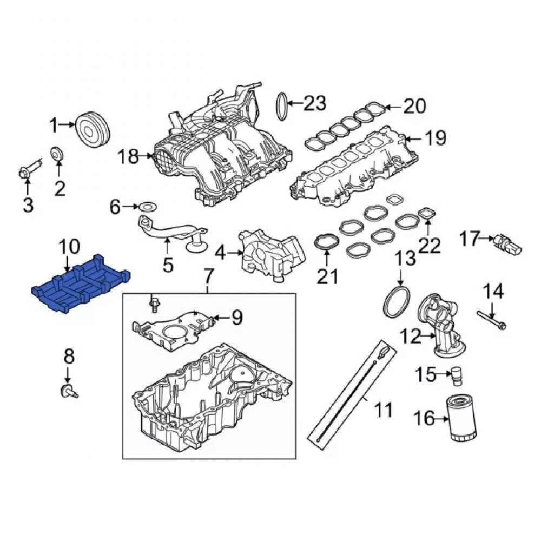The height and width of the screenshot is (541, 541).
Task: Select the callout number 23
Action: click(x=315, y=103)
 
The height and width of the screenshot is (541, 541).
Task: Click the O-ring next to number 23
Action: click(x=282, y=106)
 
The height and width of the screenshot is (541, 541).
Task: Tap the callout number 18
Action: click(x=129, y=156)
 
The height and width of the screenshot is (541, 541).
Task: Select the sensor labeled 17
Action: click(x=507, y=243)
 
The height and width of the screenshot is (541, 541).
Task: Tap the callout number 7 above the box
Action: click(x=209, y=276)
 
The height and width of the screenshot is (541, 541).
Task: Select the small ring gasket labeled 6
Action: click(x=148, y=208)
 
